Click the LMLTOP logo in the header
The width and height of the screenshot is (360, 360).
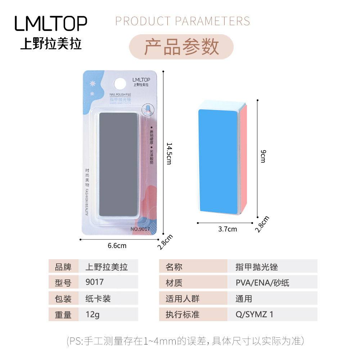51,23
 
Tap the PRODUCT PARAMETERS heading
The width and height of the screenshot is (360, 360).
183,21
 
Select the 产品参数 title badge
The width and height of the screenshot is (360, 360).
181,47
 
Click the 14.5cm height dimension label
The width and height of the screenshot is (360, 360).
169,153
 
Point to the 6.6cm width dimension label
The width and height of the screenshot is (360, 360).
117,246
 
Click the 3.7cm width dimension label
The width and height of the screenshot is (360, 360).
228,229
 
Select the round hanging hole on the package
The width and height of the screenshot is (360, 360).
120,84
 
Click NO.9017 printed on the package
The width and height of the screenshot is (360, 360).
140,229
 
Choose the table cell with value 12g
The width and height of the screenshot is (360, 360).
108,314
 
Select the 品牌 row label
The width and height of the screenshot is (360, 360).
63,267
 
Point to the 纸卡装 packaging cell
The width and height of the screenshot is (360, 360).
108,298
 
